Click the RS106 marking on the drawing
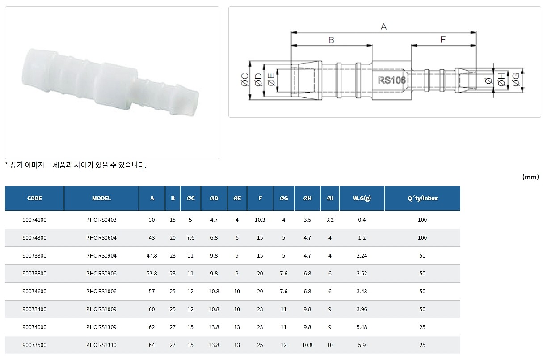(x=391, y=80)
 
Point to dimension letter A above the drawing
(x=383, y=27)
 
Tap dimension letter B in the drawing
(x=331, y=40)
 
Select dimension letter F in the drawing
(x=443, y=40)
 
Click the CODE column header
(x=34, y=198)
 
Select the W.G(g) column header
(x=362, y=198)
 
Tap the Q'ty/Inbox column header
(x=422, y=198)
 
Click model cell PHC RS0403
(x=101, y=220)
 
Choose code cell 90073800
(x=34, y=274)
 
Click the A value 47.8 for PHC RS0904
(x=152, y=256)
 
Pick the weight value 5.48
(x=362, y=327)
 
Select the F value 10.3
(x=260, y=220)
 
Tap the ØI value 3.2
(x=330, y=220)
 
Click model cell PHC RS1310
(x=101, y=345)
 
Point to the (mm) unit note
(x=530, y=177)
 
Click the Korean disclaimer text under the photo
(x=76, y=165)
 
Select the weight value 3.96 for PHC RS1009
(x=362, y=309)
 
